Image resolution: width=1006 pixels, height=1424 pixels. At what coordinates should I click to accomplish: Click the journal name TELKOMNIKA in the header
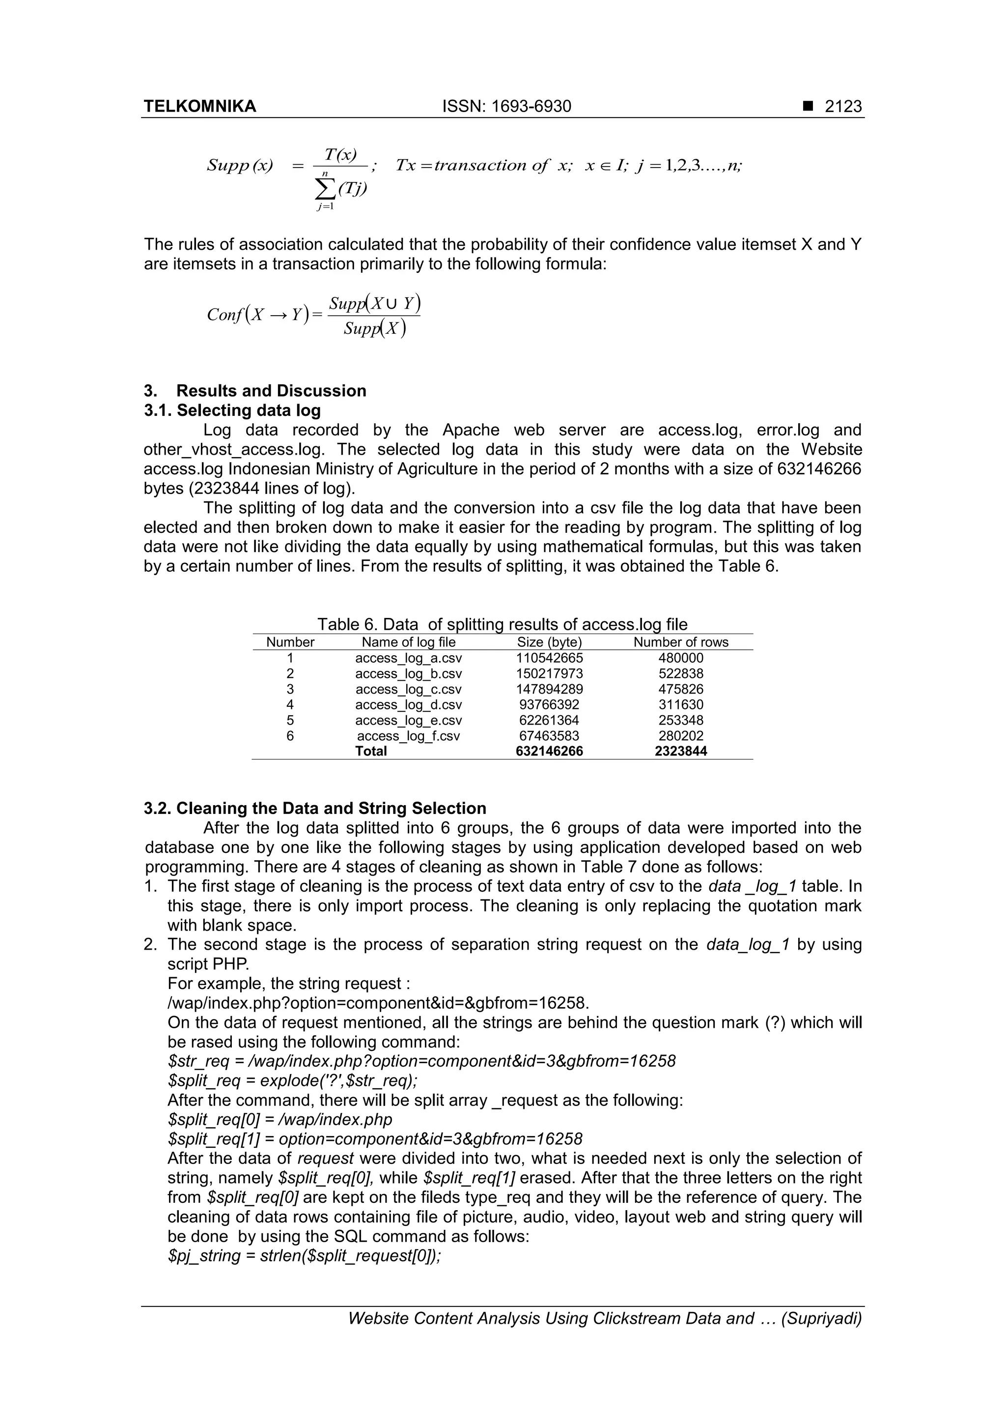coord(199,107)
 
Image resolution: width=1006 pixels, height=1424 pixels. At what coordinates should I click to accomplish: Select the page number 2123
coord(843,107)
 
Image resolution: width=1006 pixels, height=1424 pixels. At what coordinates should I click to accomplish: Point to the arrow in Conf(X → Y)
coord(278,315)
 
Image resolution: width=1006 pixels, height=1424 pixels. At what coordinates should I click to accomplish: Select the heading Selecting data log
coord(249,410)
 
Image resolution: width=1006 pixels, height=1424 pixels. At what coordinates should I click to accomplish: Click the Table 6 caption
coord(502,624)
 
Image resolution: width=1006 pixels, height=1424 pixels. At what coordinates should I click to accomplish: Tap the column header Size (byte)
coord(549,642)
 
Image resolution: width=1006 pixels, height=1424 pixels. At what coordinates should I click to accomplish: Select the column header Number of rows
coord(681,642)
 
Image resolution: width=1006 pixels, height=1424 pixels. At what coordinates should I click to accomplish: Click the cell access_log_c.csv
coord(409,689)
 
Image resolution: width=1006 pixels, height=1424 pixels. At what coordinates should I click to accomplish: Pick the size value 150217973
coord(549,673)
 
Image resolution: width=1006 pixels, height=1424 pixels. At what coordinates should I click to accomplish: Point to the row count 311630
coord(681,704)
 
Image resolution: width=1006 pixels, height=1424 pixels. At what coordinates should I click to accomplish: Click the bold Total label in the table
coord(371,751)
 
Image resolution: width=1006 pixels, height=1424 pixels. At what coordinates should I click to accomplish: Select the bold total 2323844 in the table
coord(681,751)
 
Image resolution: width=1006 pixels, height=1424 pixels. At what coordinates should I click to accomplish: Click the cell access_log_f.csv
coord(409,736)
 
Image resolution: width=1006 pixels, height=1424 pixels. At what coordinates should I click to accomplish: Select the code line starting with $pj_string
coord(304,1256)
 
